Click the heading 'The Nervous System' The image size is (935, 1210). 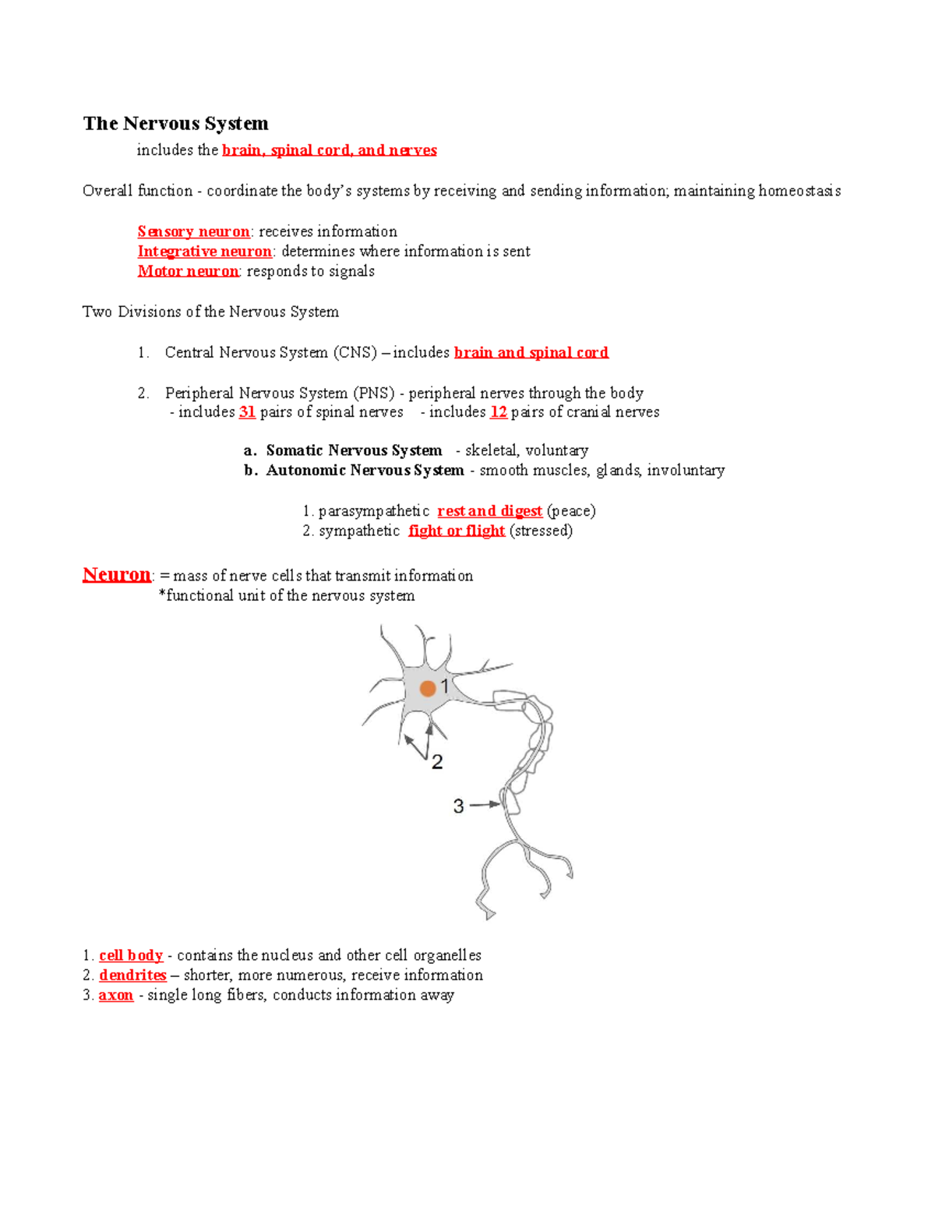point(175,124)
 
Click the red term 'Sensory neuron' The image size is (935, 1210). point(193,231)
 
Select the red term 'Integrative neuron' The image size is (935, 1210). point(204,252)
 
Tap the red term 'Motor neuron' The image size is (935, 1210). point(188,271)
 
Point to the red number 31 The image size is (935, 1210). point(247,412)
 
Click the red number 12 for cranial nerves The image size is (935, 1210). point(499,412)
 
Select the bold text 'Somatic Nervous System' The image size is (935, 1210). point(354,450)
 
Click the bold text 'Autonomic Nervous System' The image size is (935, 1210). point(365,471)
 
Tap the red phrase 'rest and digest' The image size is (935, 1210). point(489,511)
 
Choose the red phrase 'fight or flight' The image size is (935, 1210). point(457,531)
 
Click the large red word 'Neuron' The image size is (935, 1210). point(117,575)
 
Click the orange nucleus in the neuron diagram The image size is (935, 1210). point(428,689)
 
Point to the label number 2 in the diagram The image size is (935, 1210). point(437,762)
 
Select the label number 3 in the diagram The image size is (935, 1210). point(458,806)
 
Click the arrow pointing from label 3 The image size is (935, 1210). point(485,804)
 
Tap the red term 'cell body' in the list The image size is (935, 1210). point(131,955)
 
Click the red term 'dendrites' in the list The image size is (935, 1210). point(132,975)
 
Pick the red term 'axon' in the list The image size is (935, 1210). point(116,995)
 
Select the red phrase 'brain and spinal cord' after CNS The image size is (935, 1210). point(531,353)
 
